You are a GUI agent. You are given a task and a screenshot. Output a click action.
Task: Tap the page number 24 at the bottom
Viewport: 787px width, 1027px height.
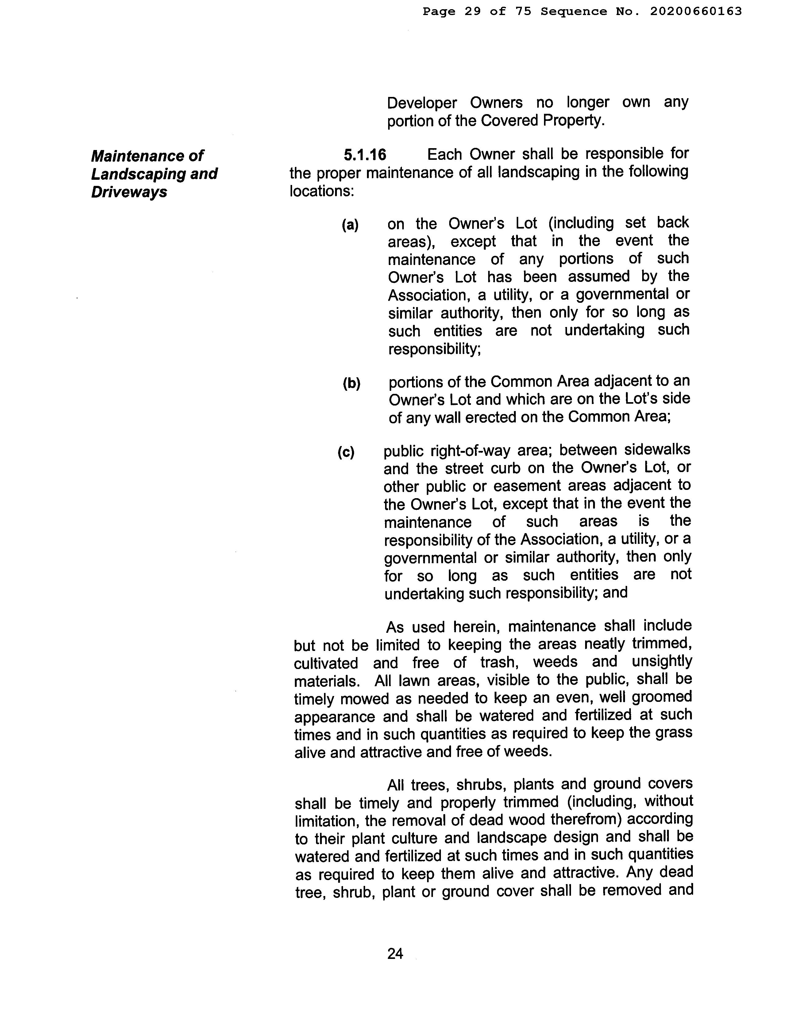[395, 953]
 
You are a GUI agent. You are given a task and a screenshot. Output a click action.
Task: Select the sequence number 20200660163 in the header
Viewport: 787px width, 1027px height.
[696, 11]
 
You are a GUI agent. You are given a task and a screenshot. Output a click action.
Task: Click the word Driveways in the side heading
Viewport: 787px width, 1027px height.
[129, 192]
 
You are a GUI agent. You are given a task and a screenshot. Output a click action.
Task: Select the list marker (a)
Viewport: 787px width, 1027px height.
[350, 225]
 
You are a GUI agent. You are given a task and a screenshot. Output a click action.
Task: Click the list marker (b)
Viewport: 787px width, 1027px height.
[351, 383]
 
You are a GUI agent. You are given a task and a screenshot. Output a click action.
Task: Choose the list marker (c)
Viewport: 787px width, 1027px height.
[346, 452]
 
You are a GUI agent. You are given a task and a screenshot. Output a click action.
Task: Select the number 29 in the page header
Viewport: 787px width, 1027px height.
[473, 11]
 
